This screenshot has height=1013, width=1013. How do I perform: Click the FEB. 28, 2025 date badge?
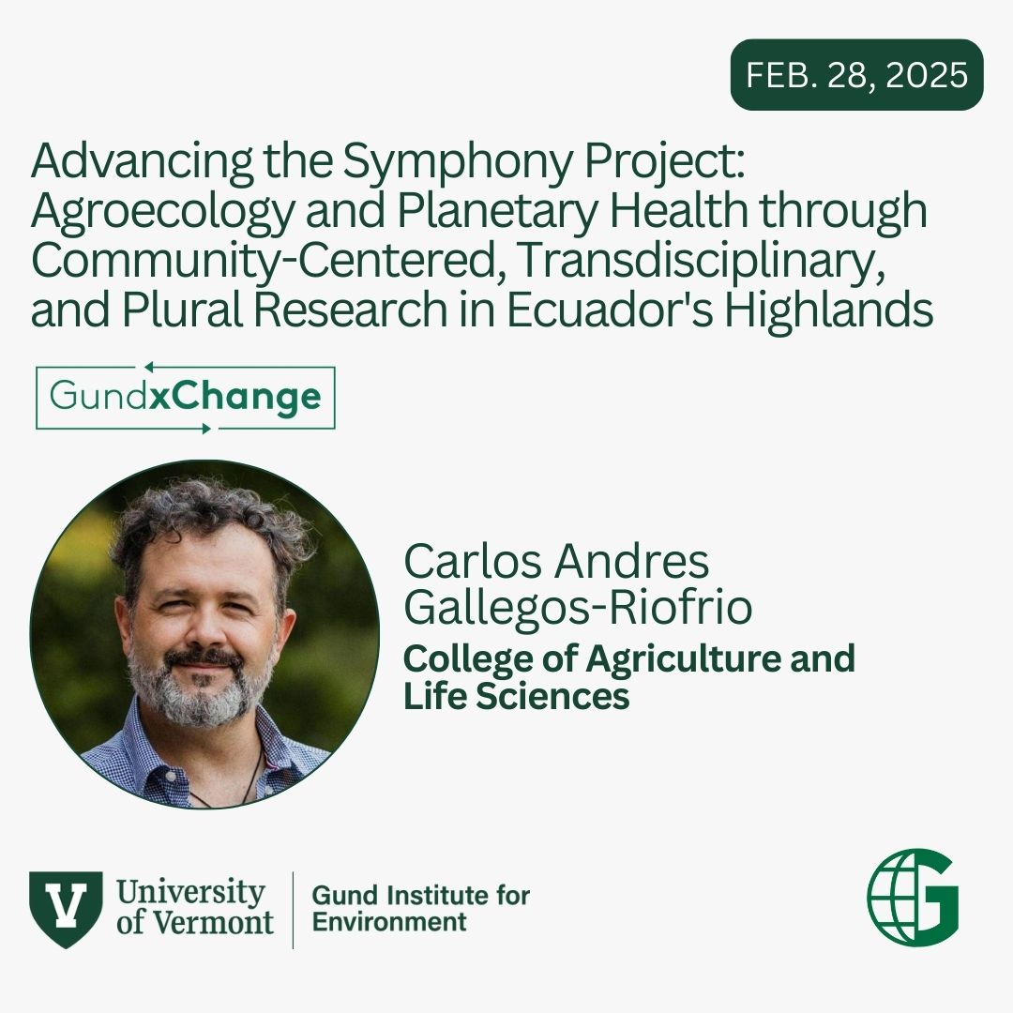click(856, 75)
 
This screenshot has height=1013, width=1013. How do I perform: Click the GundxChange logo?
click(185, 399)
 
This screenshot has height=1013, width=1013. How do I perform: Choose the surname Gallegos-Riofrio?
click(578, 608)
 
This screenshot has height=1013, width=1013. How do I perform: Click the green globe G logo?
click(913, 895)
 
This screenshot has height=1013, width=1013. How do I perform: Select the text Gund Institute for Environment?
click(420, 908)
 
